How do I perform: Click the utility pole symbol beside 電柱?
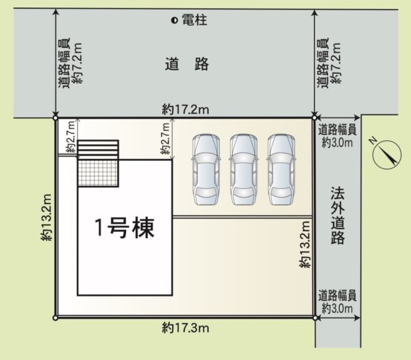point(174,20)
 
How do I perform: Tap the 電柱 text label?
point(195,20)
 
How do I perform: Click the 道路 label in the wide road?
point(186,64)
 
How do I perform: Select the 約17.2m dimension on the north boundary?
point(186,110)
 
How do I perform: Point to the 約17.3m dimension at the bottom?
point(186,328)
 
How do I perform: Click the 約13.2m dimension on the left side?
point(47,217)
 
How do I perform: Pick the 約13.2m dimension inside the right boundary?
point(305,244)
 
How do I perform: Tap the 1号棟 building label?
point(124,228)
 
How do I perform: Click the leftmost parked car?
point(206,170)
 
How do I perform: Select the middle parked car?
point(243,170)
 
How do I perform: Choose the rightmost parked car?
point(282,170)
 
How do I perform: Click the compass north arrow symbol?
point(387,154)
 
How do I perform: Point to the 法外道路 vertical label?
point(338,216)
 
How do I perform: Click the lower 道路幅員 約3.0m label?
point(337,302)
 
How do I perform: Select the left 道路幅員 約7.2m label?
point(70,63)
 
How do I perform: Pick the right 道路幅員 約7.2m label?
point(329,63)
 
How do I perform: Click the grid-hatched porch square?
point(98,173)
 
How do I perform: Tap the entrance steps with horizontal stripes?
point(98,150)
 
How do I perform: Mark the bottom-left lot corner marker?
point(55,318)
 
